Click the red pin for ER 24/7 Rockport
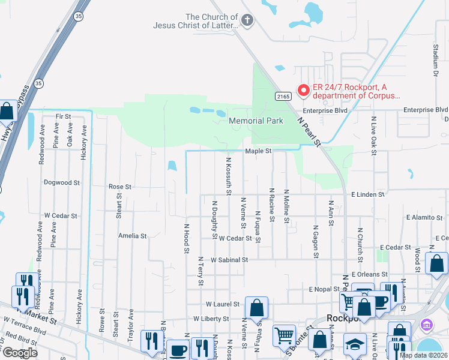(304, 91)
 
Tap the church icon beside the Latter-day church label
(247, 21)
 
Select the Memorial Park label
(256, 121)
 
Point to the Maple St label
(258, 151)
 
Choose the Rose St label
(119, 187)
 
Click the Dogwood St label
(62, 182)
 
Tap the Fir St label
(63, 116)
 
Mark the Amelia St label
(132, 236)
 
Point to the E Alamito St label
(424, 217)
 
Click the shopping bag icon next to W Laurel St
(256, 308)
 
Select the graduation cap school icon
(355, 344)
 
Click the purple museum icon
(426, 326)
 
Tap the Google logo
(20, 353)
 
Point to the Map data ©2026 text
(423, 355)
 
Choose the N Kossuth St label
(229, 176)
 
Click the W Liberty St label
(211, 319)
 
